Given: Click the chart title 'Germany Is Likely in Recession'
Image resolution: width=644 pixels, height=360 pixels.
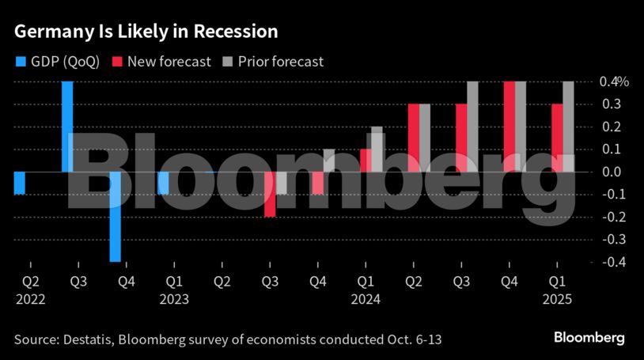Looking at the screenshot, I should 145,32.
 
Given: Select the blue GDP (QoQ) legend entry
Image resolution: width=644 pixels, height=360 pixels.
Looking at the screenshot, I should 57,61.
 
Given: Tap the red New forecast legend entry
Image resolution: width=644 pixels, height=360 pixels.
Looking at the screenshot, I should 161,61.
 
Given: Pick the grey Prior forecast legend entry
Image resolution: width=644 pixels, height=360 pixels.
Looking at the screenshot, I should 275,61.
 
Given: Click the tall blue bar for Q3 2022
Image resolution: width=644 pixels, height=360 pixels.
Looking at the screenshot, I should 68,127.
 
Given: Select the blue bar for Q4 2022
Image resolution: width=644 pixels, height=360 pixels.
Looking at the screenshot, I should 116,216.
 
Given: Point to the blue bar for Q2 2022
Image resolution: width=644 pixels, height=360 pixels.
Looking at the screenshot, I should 20,183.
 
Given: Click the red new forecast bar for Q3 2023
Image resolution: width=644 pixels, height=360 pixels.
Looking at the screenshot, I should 270,194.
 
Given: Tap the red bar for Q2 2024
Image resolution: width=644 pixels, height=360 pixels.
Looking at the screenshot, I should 413,138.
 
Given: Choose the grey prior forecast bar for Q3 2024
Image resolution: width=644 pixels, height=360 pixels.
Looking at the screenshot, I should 472,127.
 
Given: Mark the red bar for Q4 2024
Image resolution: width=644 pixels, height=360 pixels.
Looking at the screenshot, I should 510,127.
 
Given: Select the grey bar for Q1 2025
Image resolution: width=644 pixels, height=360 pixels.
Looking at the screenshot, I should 568,127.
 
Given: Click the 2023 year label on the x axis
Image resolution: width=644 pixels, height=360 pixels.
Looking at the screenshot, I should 174,300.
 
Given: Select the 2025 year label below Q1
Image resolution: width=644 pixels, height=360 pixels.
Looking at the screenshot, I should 557,300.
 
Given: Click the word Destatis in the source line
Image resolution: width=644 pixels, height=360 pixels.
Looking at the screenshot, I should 88,339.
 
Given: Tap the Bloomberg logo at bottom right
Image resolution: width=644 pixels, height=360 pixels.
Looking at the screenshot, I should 589,338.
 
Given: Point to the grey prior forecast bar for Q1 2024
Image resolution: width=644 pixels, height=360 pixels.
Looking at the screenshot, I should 377,149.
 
